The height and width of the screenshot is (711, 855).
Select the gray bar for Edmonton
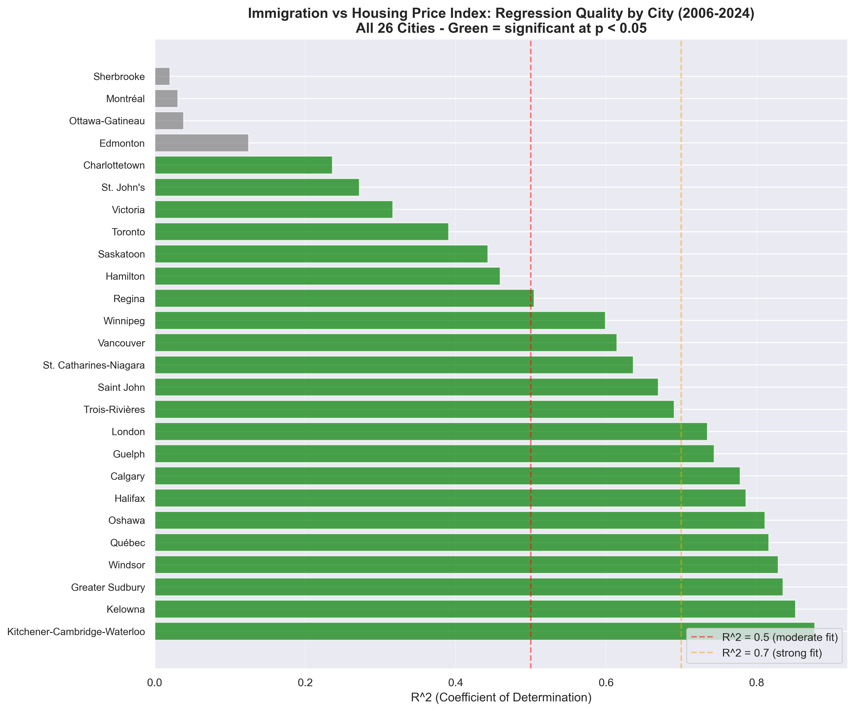click(x=201, y=143)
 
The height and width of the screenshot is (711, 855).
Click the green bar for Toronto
click(x=301, y=232)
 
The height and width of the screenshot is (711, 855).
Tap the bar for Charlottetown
click(x=243, y=165)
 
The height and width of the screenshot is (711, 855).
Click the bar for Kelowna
click(x=475, y=609)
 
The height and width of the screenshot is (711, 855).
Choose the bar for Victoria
click(x=274, y=209)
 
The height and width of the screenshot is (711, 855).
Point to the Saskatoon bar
click(x=321, y=254)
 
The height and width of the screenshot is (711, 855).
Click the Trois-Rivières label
click(x=114, y=410)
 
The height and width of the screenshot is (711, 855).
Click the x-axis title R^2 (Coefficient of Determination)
click(x=501, y=698)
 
